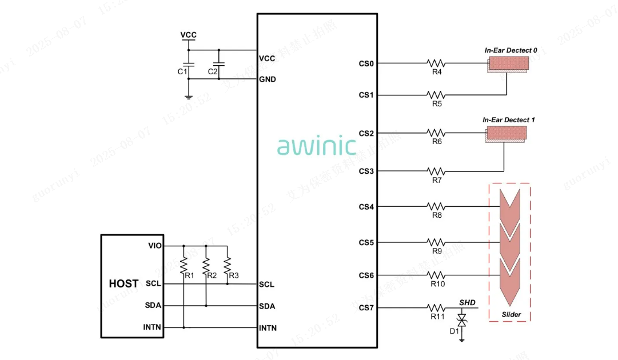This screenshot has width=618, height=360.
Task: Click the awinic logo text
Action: (317, 146)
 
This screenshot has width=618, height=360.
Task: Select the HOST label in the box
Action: (123, 283)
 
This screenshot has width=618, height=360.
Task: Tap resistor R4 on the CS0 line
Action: (437, 63)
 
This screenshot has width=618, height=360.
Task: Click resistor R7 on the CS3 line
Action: (437, 171)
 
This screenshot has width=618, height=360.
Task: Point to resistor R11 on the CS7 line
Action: (437, 308)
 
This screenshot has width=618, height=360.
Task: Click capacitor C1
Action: (189, 64)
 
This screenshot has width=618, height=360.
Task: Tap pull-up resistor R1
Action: (184, 265)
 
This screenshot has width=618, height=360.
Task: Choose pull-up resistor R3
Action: (227, 265)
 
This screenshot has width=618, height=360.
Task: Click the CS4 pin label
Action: (366, 207)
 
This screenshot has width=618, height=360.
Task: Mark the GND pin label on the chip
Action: (268, 79)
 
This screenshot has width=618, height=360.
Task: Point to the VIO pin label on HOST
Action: (155, 246)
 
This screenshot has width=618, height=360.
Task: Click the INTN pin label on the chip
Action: (268, 328)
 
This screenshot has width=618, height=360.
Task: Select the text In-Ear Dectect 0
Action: (511, 50)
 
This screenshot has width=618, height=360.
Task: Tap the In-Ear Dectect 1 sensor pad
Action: (507, 134)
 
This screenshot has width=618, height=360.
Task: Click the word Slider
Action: (511, 314)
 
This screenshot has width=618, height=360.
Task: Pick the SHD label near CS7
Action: (467, 302)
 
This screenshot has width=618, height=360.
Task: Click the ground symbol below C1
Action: (189, 97)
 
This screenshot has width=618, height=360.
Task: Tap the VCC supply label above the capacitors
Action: (189, 35)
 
